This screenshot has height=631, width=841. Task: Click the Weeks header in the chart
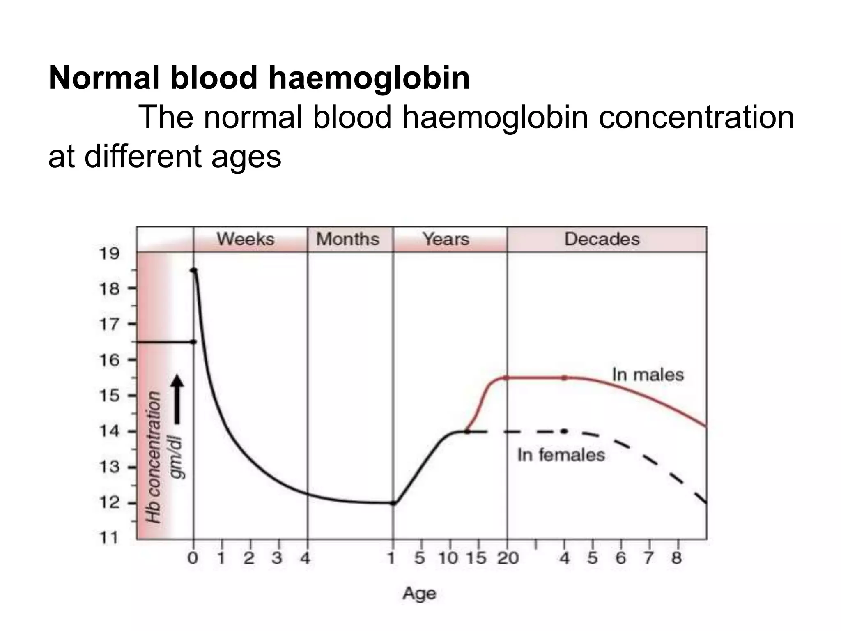pyautogui.click(x=246, y=239)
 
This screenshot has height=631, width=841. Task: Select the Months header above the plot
pyautogui.click(x=348, y=239)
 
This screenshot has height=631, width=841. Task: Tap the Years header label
pyautogui.click(x=446, y=239)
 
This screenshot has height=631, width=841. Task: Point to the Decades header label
pyautogui.click(x=602, y=239)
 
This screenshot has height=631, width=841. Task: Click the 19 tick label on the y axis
pyautogui.click(x=109, y=254)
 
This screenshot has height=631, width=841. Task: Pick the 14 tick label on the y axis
pyautogui.click(x=109, y=432)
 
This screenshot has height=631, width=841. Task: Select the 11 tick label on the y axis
pyautogui.click(x=109, y=538)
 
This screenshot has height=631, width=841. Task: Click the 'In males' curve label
pyautogui.click(x=648, y=375)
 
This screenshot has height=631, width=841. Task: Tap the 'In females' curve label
pyautogui.click(x=561, y=455)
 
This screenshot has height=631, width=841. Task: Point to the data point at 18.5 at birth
pyautogui.click(x=194, y=270)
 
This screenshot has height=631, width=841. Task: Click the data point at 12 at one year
pyautogui.click(x=393, y=503)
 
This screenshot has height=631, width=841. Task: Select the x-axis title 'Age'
pyautogui.click(x=419, y=594)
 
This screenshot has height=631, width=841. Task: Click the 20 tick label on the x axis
pyautogui.click(x=508, y=558)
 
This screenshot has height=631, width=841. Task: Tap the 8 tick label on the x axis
pyautogui.click(x=676, y=558)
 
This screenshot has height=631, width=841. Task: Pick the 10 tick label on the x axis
pyautogui.click(x=448, y=558)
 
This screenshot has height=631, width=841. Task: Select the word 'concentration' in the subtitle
pyautogui.click(x=696, y=117)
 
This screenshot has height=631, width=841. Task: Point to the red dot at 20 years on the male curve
pyautogui.click(x=506, y=378)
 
